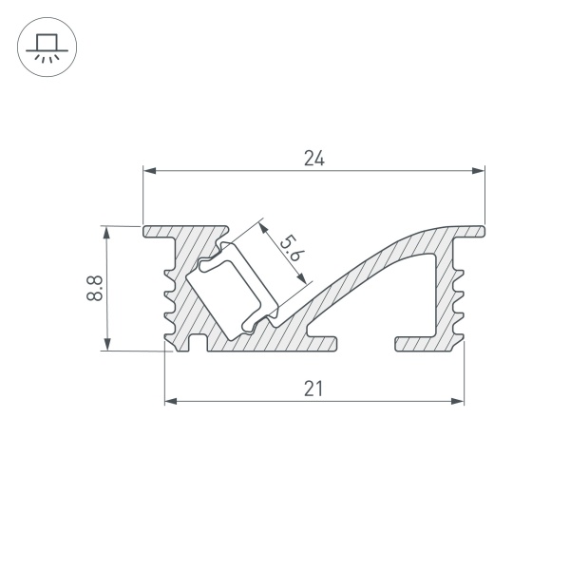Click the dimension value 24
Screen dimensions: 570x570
tap(314, 159)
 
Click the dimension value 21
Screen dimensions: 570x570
tap(314, 388)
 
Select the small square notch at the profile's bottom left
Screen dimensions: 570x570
tap(198, 343)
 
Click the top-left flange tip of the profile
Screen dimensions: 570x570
tap(148, 231)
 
